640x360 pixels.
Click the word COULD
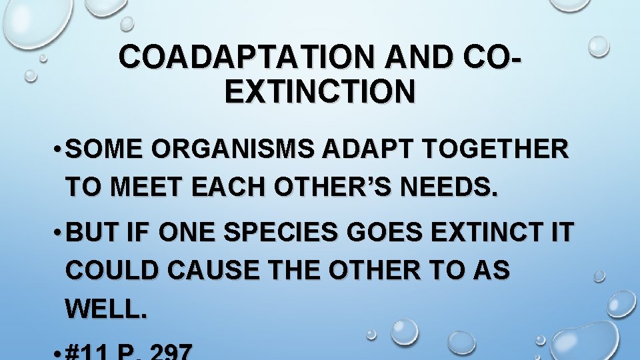coord(110,271)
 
